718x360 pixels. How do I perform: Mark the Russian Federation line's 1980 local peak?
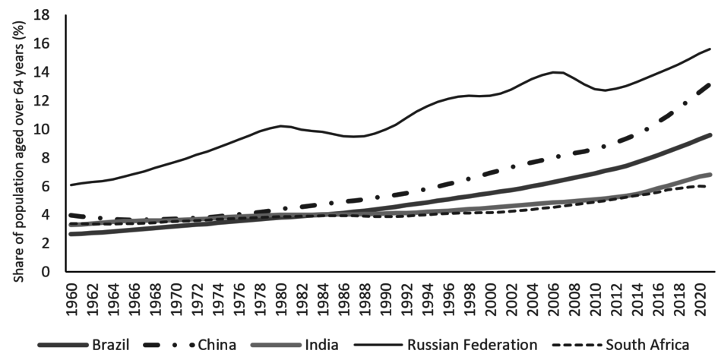pyautogui.click(x=281, y=126)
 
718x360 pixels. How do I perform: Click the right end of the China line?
pyautogui.click(x=710, y=84)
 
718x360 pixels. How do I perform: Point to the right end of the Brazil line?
pyautogui.click(x=710, y=134)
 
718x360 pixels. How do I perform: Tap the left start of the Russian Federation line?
pyautogui.click(x=71, y=185)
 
